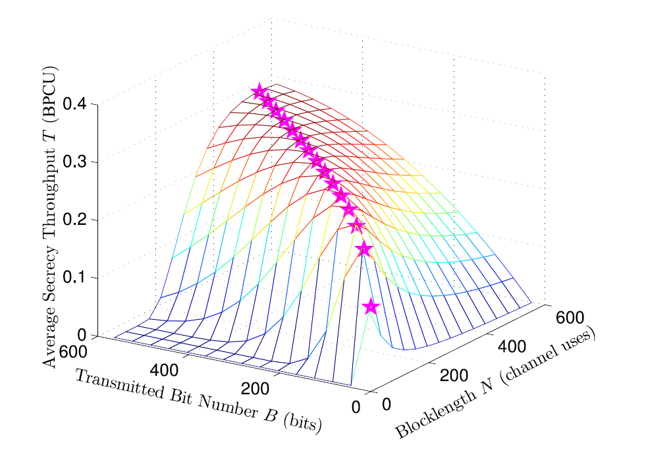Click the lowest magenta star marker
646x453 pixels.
(371, 307)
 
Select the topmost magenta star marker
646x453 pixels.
(259, 91)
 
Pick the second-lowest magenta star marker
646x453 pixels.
(363, 249)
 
